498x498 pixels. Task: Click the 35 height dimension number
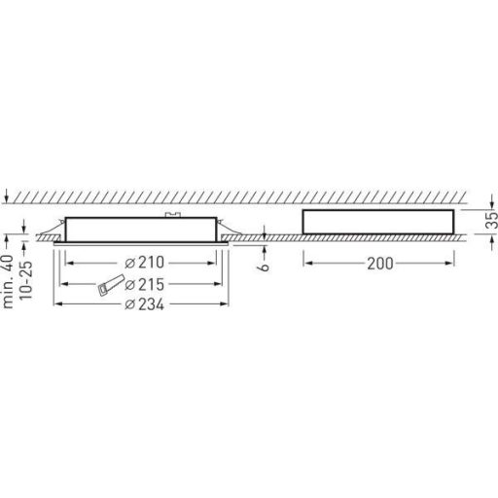(x=490, y=221)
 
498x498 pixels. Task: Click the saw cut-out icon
(x=108, y=285)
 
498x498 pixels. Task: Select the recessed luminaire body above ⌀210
(x=141, y=229)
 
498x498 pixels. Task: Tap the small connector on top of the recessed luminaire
(x=172, y=213)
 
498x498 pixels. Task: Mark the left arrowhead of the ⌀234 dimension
(x=54, y=304)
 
